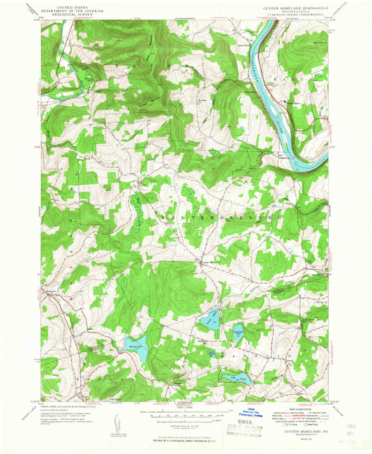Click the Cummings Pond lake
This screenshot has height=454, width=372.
[209, 320]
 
